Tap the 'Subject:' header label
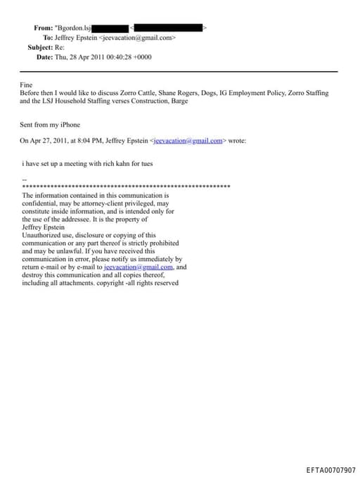pos(40,47)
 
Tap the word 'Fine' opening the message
pos(26,84)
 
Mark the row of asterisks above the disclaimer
pos(127,186)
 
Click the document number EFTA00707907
pos(331,470)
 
